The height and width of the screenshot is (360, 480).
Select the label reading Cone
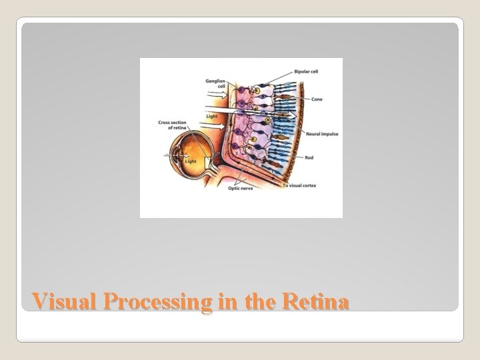pos(317,99)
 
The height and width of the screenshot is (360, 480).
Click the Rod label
pos(309,157)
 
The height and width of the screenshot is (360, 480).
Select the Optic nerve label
pos(241,189)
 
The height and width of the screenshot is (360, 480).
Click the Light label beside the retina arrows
pos(211,117)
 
